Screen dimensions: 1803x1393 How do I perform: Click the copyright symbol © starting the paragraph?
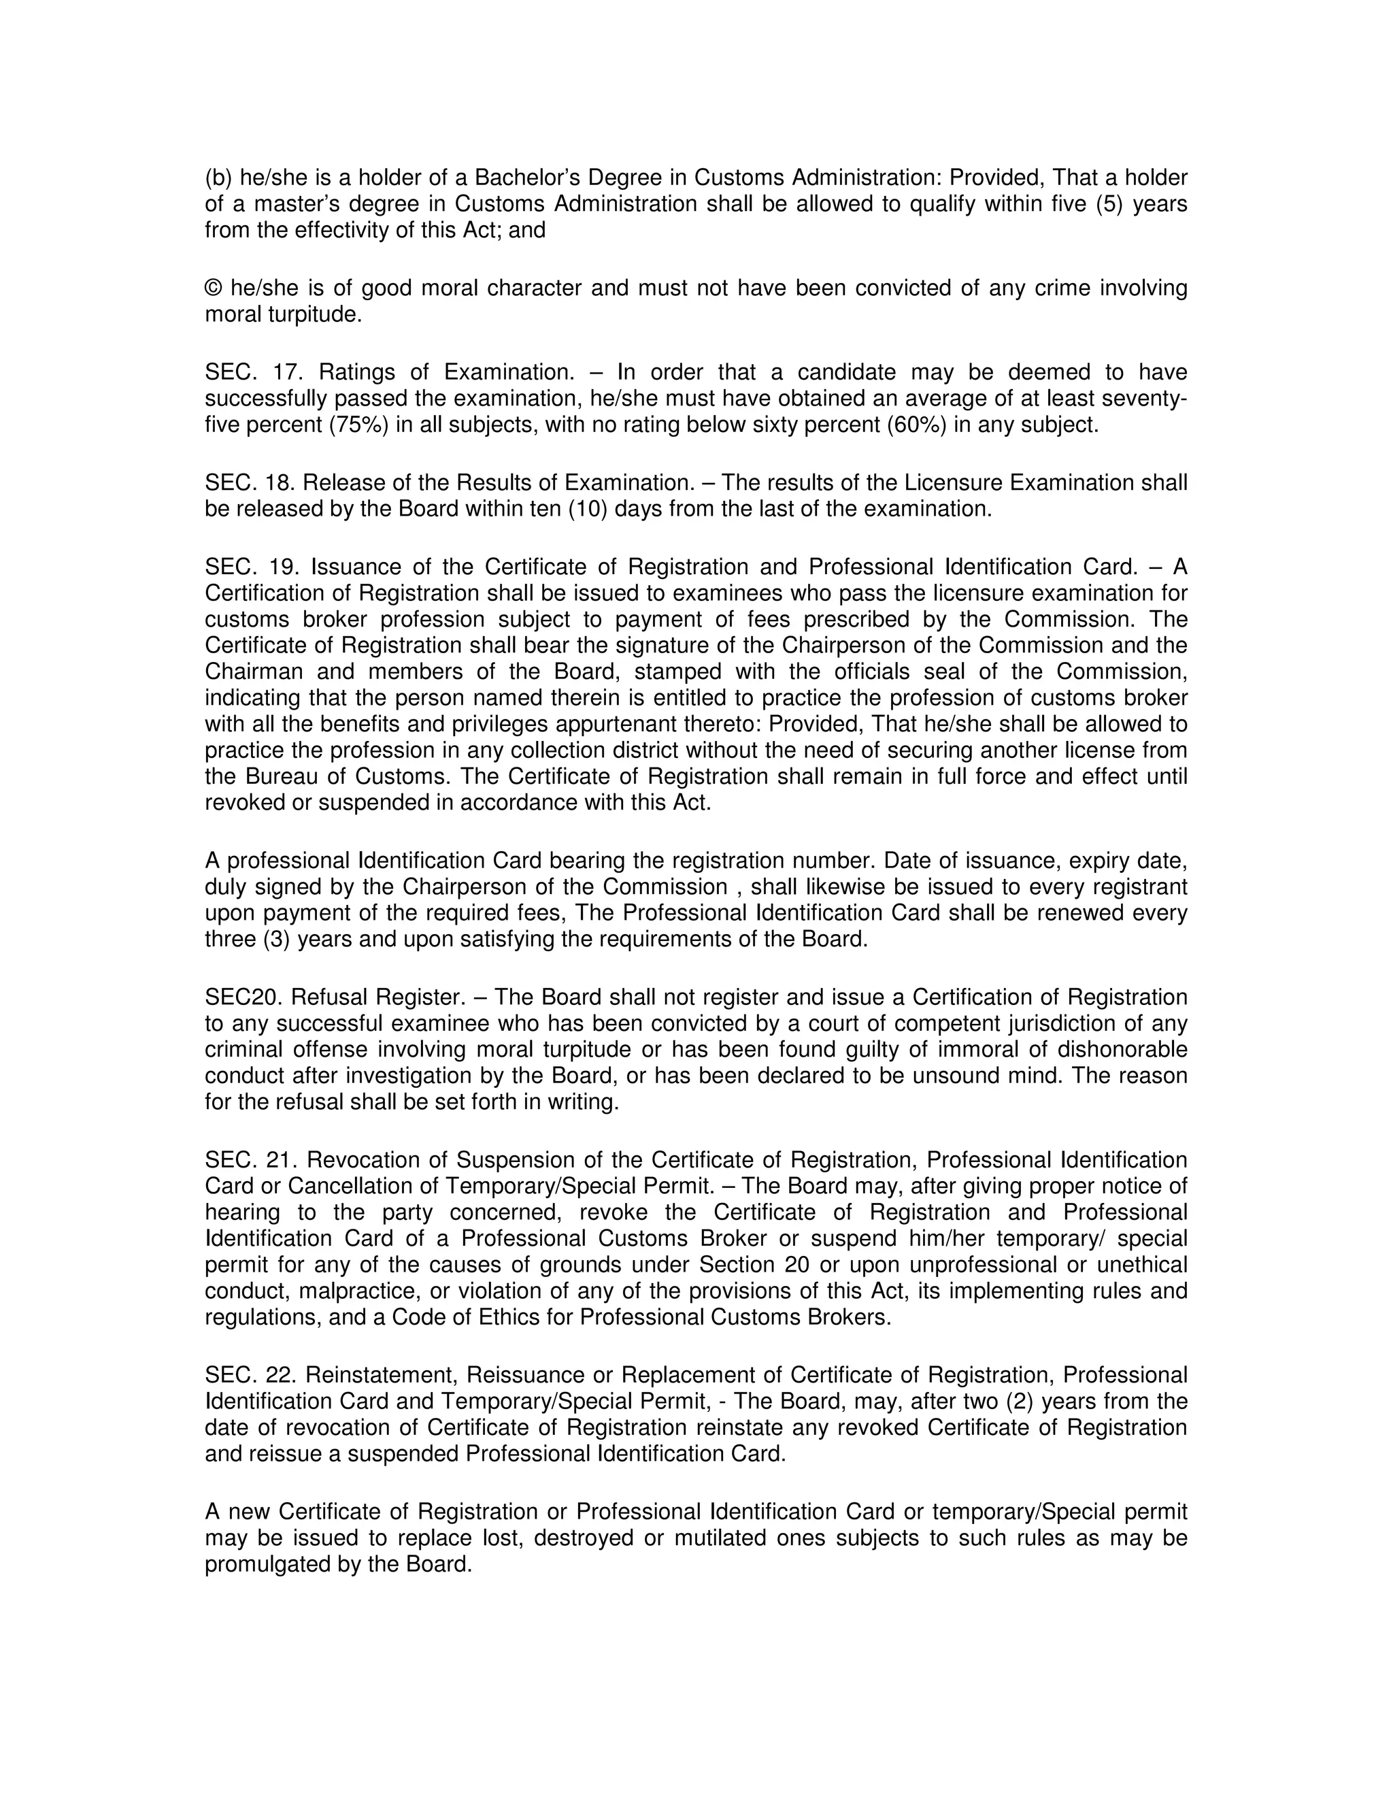pos(213,289)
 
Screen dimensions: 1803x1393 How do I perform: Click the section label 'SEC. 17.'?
pos(245,372)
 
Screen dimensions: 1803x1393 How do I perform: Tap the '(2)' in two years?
pos(1020,1401)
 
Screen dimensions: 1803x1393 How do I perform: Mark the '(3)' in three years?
pos(275,940)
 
